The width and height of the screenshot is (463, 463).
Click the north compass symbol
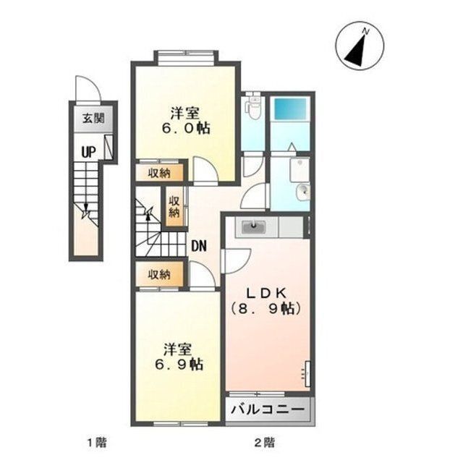pyautogui.click(x=360, y=46)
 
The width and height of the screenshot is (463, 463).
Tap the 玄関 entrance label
pyautogui.click(x=93, y=119)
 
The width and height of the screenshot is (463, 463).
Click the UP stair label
pyautogui.click(x=88, y=153)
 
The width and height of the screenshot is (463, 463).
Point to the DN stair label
pyautogui.click(x=199, y=246)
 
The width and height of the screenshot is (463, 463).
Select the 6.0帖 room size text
pyautogui.click(x=186, y=129)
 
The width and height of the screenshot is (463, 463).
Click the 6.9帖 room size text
pyautogui.click(x=179, y=365)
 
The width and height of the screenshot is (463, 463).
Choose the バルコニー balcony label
pyautogui.click(x=268, y=409)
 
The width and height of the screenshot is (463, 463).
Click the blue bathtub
pyautogui.click(x=290, y=109)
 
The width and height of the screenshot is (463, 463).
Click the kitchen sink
pyautogui.click(x=254, y=227)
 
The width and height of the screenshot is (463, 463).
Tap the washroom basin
pyautogui.click(x=303, y=192)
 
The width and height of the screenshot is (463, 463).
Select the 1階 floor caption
pyautogui.click(x=96, y=442)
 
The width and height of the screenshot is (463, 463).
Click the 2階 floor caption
pyautogui.click(x=265, y=442)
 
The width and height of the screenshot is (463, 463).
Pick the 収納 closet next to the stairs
pyautogui.click(x=174, y=207)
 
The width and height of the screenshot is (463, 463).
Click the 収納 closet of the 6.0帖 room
pyautogui.click(x=159, y=172)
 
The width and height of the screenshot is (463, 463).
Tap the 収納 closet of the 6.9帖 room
pyautogui.click(x=159, y=274)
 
